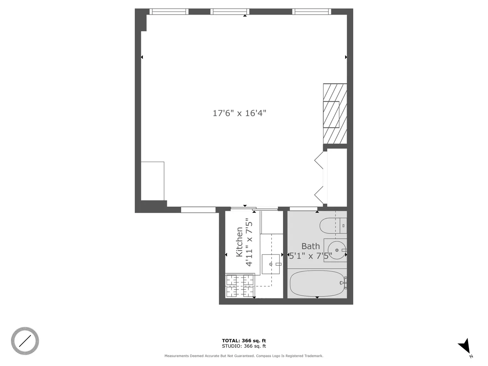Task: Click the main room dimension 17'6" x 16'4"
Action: pyautogui.click(x=239, y=113)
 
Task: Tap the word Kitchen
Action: pyautogui.click(x=239, y=242)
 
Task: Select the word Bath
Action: pyautogui.click(x=310, y=246)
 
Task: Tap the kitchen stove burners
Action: pyautogui.click(x=240, y=285)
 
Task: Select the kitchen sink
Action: pyautogui.click(x=271, y=264)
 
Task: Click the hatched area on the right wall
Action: pyautogui.click(x=335, y=113)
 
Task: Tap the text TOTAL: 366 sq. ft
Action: pyautogui.click(x=244, y=341)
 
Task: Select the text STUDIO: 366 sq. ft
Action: pyautogui.click(x=244, y=346)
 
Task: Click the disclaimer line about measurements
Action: pyautogui.click(x=244, y=356)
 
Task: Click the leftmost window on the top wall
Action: pyautogui.click(x=169, y=12)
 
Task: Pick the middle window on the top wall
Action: pyautogui.click(x=230, y=12)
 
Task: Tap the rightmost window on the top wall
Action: pyautogui.click(x=312, y=12)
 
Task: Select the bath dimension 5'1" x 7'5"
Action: pyautogui.click(x=310, y=255)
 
